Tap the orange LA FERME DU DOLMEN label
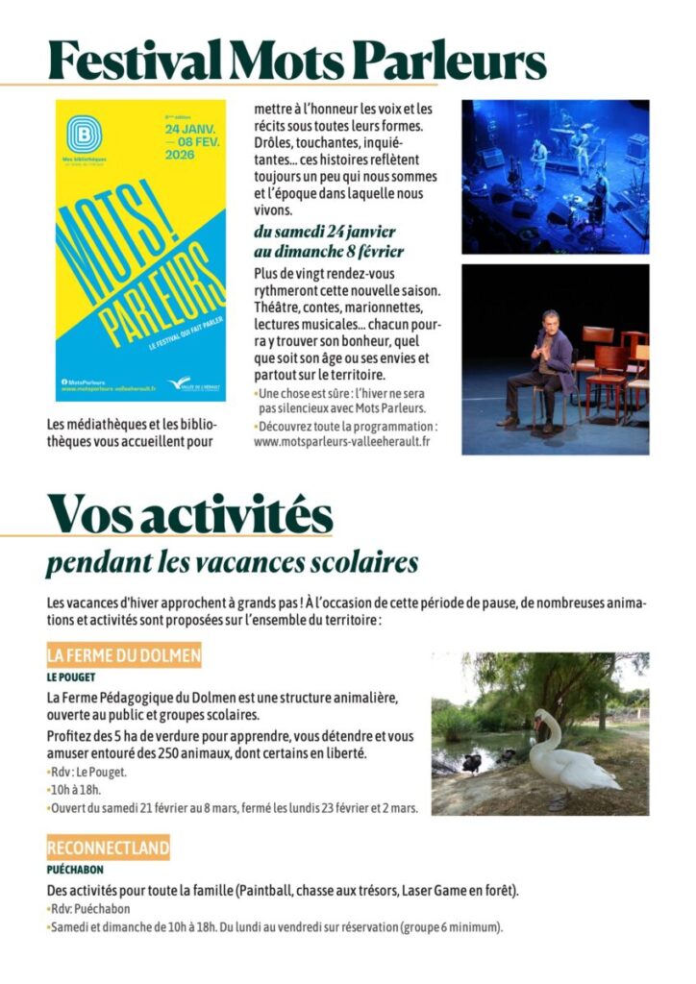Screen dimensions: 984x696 [124, 656]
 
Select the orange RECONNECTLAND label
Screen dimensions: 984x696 [108, 848]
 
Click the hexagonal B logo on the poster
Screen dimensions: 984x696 [84, 134]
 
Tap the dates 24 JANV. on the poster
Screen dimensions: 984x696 [191, 128]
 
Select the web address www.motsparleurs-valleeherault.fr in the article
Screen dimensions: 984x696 [341, 441]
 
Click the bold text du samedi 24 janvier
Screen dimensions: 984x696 [324, 232]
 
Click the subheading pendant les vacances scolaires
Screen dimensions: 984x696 [232, 561]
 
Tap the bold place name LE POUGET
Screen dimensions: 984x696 [70, 676]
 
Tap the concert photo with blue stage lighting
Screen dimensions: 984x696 [555, 176]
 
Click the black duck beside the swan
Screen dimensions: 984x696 [472, 763]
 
